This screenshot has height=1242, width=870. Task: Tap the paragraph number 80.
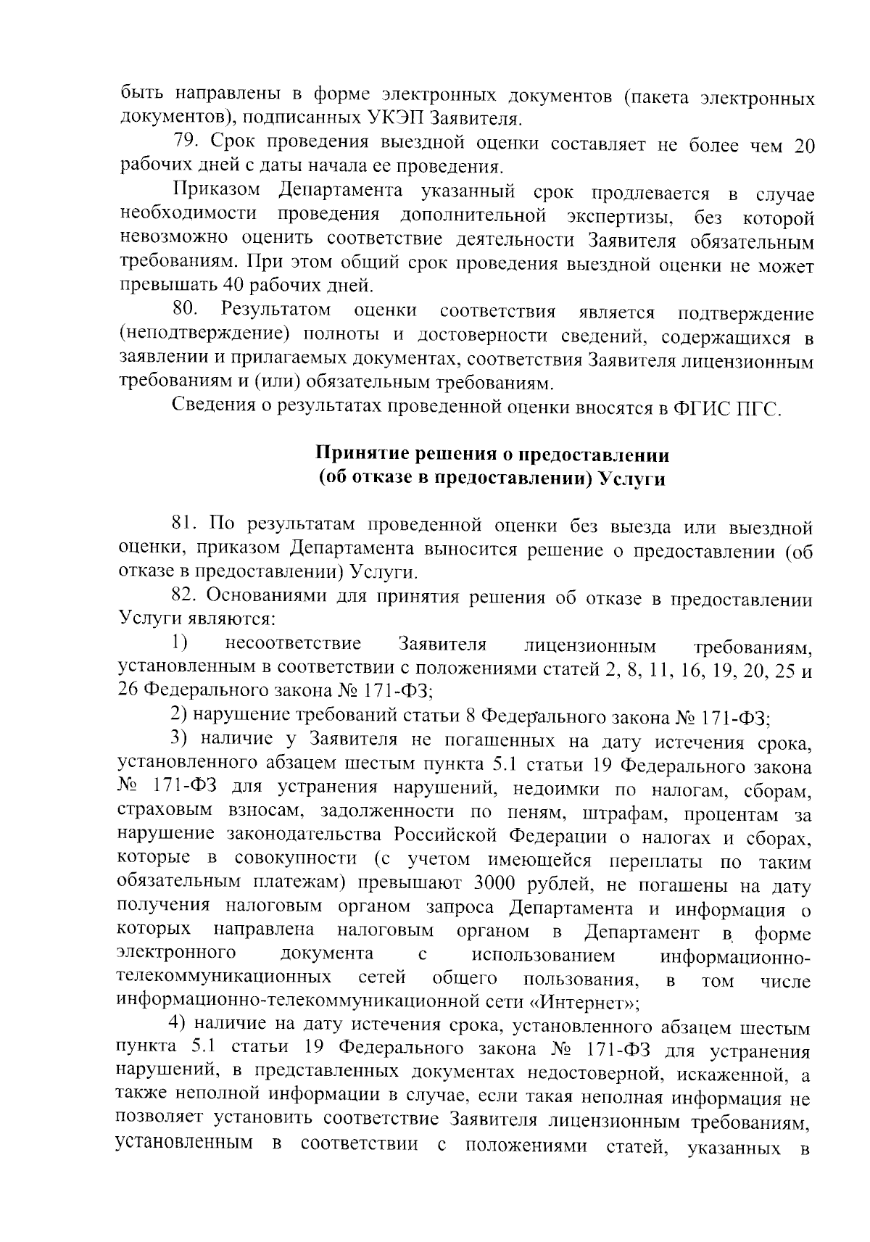[x=186, y=311]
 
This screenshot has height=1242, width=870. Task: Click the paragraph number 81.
[x=185, y=525]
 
